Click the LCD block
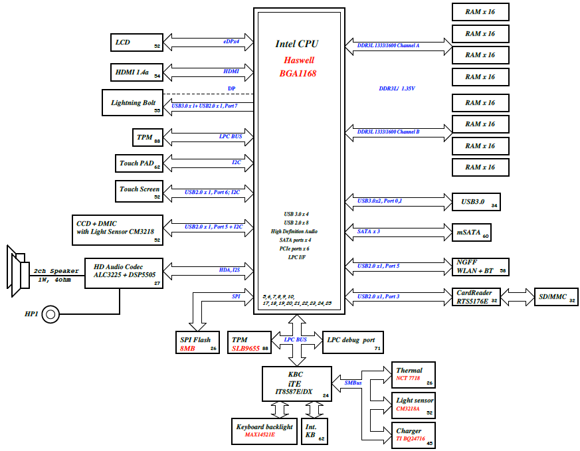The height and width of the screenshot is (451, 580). (x=137, y=42)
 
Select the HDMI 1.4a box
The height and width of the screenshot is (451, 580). (x=137, y=72)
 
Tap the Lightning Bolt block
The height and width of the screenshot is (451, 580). (x=132, y=102)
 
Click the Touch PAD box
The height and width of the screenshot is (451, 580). (x=139, y=163)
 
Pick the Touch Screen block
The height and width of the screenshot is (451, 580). (x=139, y=191)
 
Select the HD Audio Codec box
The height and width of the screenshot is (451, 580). (x=124, y=273)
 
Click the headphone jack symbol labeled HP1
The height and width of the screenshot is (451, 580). (x=50, y=314)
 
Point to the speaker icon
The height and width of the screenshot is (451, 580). (x=18, y=271)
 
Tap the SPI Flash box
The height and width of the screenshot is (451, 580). (x=197, y=342)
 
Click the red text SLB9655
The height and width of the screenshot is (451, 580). (x=246, y=349)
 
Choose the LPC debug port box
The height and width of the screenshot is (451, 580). (x=353, y=342)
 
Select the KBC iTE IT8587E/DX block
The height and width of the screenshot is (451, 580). (x=297, y=384)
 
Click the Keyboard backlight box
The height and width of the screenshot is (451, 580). (x=264, y=431)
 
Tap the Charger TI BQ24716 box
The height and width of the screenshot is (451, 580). (x=413, y=435)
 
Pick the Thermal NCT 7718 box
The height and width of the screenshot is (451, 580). (x=413, y=375)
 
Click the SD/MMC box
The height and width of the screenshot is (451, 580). (x=556, y=297)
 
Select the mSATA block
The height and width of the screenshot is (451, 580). (x=472, y=232)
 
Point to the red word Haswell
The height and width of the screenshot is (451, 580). (x=299, y=60)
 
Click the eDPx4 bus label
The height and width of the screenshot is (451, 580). (x=231, y=41)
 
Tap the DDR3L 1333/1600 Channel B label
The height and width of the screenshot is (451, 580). (x=389, y=132)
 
